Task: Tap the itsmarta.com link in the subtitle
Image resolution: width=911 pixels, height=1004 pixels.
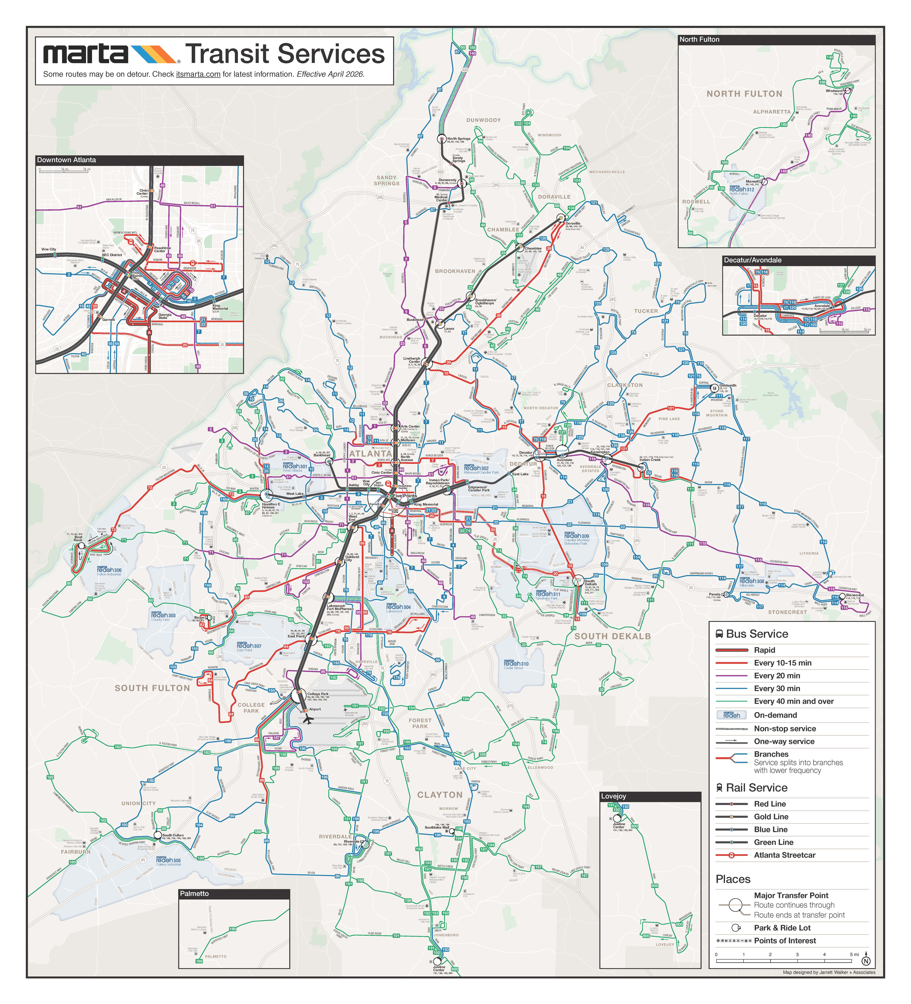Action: pos(198,74)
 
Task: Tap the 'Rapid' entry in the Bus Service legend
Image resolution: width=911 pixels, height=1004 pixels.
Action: pos(764,650)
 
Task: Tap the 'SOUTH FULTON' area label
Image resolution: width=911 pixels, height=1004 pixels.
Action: pos(152,688)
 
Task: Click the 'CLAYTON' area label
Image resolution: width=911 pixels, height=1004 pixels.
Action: pos(440,795)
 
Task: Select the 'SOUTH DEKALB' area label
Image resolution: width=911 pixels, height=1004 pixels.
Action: pos(612,636)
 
